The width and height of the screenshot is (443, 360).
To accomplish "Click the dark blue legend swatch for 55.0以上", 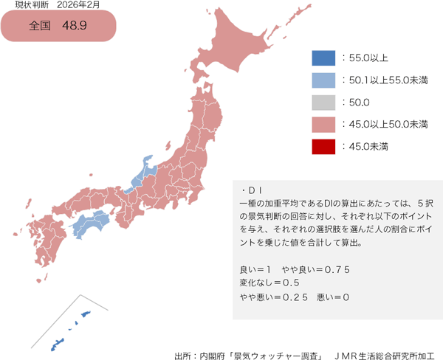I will [323, 58].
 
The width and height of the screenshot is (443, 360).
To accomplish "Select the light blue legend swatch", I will [323, 80].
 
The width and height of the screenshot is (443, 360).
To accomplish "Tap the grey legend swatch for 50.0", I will [323, 102].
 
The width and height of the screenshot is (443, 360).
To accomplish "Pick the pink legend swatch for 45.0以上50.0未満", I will [323, 124].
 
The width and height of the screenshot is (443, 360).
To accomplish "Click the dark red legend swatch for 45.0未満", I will [323, 147].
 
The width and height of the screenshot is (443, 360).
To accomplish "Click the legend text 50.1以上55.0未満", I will [388, 80].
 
